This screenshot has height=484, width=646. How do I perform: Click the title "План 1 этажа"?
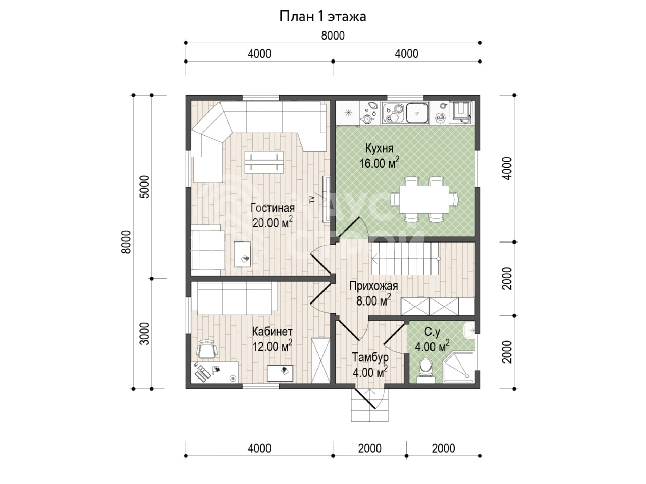pos(322,17)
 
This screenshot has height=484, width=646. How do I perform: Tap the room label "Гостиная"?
pos(272,208)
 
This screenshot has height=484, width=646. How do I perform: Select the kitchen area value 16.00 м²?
pos(379,163)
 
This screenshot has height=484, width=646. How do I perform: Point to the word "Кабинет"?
pos(272,331)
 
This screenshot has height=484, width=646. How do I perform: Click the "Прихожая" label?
pos(373,286)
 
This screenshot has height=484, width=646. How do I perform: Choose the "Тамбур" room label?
pos(370,357)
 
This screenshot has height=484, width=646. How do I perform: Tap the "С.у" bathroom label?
pos(432,332)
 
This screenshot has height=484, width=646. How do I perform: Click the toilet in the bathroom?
pos(425,370)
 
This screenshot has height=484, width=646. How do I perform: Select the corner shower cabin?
pos(459,368)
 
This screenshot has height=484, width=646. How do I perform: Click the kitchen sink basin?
pos(417,112)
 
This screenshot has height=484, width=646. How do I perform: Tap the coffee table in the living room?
pos(264,162)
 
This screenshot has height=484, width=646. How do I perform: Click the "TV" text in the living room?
pos(312,200)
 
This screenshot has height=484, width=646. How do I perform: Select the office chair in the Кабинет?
pos(207,349)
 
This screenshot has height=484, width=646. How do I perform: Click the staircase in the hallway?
pos(406,259)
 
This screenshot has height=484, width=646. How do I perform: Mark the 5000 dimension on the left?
pos(144,187)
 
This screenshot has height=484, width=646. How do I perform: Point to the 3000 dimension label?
pos(144,334)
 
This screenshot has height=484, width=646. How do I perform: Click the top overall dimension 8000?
pos(333,36)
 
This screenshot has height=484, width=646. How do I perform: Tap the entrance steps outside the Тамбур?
pos(370,406)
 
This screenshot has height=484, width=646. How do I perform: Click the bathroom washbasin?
pos(468,331)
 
